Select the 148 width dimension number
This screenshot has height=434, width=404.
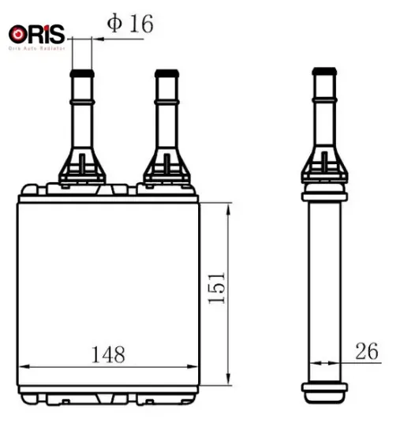pos(107,354)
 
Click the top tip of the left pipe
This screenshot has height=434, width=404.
pos(82,73)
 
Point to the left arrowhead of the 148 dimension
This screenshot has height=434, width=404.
pos(22,367)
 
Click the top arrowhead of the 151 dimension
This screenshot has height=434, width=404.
pos(228,208)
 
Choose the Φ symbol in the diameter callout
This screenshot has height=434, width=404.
pos(114,24)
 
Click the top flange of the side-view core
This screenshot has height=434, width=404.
pos(324,193)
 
